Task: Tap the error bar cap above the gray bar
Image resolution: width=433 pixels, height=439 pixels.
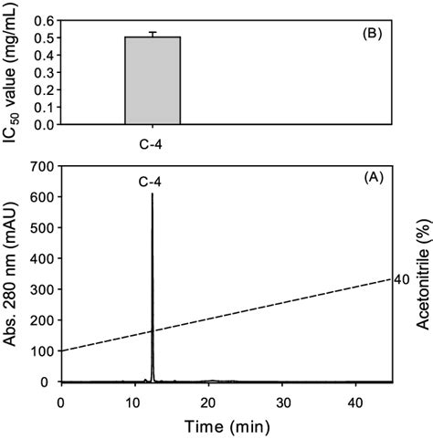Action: [x=153, y=32]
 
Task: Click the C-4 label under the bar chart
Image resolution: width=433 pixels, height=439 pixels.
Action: [x=153, y=141]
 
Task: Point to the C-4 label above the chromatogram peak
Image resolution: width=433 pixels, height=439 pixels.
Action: [x=152, y=183]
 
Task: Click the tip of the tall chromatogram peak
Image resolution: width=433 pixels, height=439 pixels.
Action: [x=152, y=194]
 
